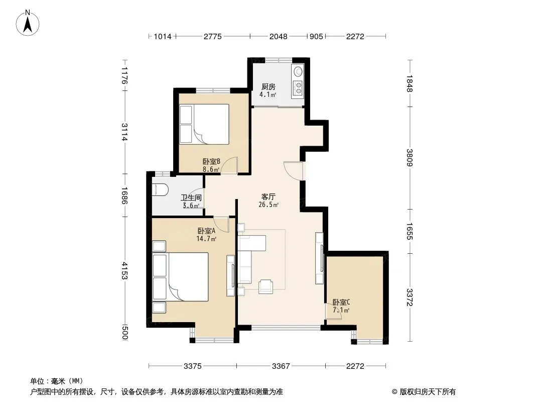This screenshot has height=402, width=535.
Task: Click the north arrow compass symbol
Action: click(28, 23)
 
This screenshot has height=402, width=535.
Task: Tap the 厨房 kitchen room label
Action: click(269, 87)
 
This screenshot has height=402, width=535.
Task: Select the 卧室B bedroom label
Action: click(211, 161)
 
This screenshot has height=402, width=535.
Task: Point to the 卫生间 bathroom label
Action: click(191, 198)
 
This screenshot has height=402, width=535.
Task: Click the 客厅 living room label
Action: click(269, 197)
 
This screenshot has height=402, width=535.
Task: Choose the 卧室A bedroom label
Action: click(206, 231)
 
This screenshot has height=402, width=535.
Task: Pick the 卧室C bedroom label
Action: click(341, 303)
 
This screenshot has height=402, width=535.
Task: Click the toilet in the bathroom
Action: click(160, 190)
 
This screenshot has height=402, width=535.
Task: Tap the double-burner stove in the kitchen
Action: click(299, 87)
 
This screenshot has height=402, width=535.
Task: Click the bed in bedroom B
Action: click(204, 124)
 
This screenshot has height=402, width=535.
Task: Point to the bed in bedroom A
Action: click(181, 277)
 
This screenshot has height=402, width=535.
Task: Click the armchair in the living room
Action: click(265, 286)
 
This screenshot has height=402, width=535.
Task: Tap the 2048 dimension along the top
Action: click(279, 37)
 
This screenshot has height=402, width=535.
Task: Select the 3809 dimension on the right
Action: click(410, 157)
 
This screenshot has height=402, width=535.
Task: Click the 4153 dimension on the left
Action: click(125, 271)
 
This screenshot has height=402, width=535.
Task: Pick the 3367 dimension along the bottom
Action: click(281, 366)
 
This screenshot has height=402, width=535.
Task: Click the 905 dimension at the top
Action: click(316, 37)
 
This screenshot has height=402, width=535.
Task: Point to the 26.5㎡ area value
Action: click(269, 205)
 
